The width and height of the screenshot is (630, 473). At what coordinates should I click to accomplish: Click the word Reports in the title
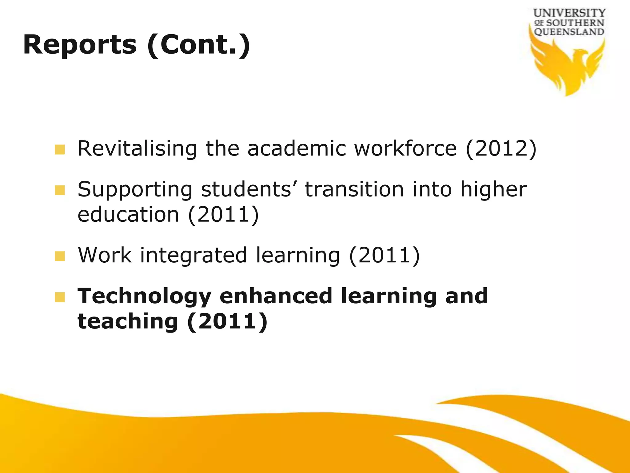(x=80, y=45)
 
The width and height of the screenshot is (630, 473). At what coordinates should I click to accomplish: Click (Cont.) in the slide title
(x=199, y=45)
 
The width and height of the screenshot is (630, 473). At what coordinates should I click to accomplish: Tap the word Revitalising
(x=137, y=149)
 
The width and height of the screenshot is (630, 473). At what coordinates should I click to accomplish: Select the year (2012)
(x=501, y=149)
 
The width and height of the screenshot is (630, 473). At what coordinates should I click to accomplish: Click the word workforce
(x=405, y=149)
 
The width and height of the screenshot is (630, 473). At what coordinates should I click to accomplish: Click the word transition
(x=354, y=189)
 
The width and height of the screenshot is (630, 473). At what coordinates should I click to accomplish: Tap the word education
(x=128, y=215)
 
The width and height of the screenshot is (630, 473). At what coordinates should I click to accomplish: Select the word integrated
(x=193, y=256)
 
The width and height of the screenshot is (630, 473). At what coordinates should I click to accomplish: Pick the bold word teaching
(x=128, y=321)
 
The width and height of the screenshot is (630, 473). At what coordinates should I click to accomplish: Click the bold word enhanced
(x=276, y=296)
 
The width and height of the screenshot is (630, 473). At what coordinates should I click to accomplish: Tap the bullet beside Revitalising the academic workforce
(x=60, y=150)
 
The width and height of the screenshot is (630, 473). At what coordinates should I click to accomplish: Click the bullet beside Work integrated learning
(x=60, y=256)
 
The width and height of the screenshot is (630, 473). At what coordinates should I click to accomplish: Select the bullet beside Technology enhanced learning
(x=60, y=297)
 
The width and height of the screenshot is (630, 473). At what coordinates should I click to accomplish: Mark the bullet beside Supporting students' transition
(x=60, y=190)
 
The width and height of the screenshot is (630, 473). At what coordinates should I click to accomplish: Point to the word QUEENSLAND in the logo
(x=569, y=32)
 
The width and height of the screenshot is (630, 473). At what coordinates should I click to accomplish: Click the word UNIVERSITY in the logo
(x=569, y=13)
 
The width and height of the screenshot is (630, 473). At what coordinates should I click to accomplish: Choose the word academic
(x=297, y=149)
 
